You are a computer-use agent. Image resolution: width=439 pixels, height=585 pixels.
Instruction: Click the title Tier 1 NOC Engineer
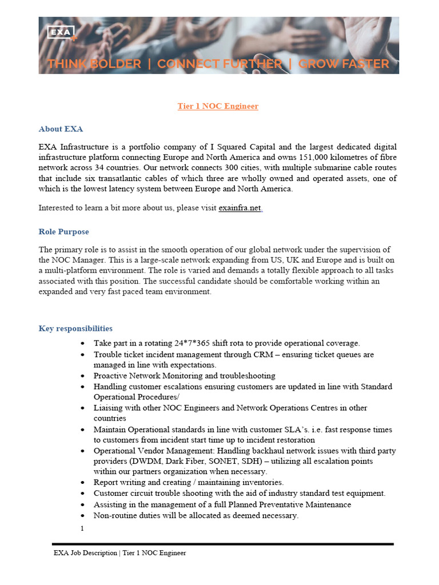pyautogui.click(x=218, y=106)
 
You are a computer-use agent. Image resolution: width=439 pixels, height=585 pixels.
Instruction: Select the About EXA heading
pyautogui.click(x=61, y=129)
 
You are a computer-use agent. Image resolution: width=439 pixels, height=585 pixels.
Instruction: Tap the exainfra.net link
pyautogui.click(x=240, y=208)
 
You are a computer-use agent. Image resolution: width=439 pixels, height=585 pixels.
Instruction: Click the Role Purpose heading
pyautogui.click(x=63, y=231)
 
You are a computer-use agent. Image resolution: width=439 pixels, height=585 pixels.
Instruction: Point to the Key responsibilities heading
pyautogui.click(x=75, y=328)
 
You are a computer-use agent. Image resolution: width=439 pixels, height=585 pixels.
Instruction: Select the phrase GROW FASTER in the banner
pyautogui.click(x=344, y=64)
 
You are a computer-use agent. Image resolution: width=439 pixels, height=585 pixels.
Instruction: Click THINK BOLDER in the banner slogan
pyautogui.click(x=94, y=64)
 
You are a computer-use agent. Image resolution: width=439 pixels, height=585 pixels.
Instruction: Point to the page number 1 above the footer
pyautogui.click(x=82, y=528)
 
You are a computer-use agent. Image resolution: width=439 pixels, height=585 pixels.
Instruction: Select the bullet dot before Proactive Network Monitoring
pyautogui.click(x=83, y=376)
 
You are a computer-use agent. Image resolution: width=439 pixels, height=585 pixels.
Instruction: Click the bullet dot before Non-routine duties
pyautogui.click(x=83, y=515)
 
